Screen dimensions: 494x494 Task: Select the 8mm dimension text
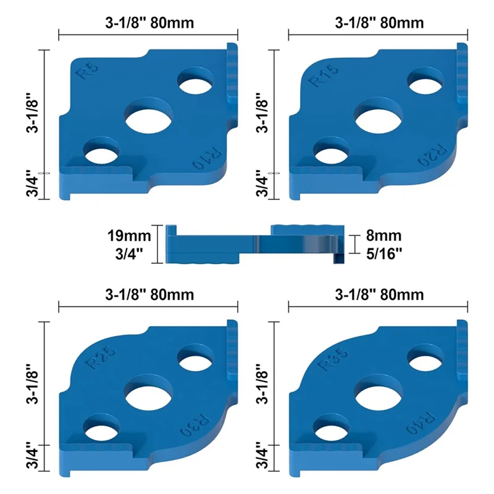[385, 235]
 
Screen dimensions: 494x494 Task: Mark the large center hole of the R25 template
[149, 393]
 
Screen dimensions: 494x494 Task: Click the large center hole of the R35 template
[379, 393]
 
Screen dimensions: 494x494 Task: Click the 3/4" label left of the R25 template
[35, 457]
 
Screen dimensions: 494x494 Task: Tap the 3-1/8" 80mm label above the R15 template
[379, 23]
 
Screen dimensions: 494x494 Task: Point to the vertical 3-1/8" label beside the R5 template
[35, 114]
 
